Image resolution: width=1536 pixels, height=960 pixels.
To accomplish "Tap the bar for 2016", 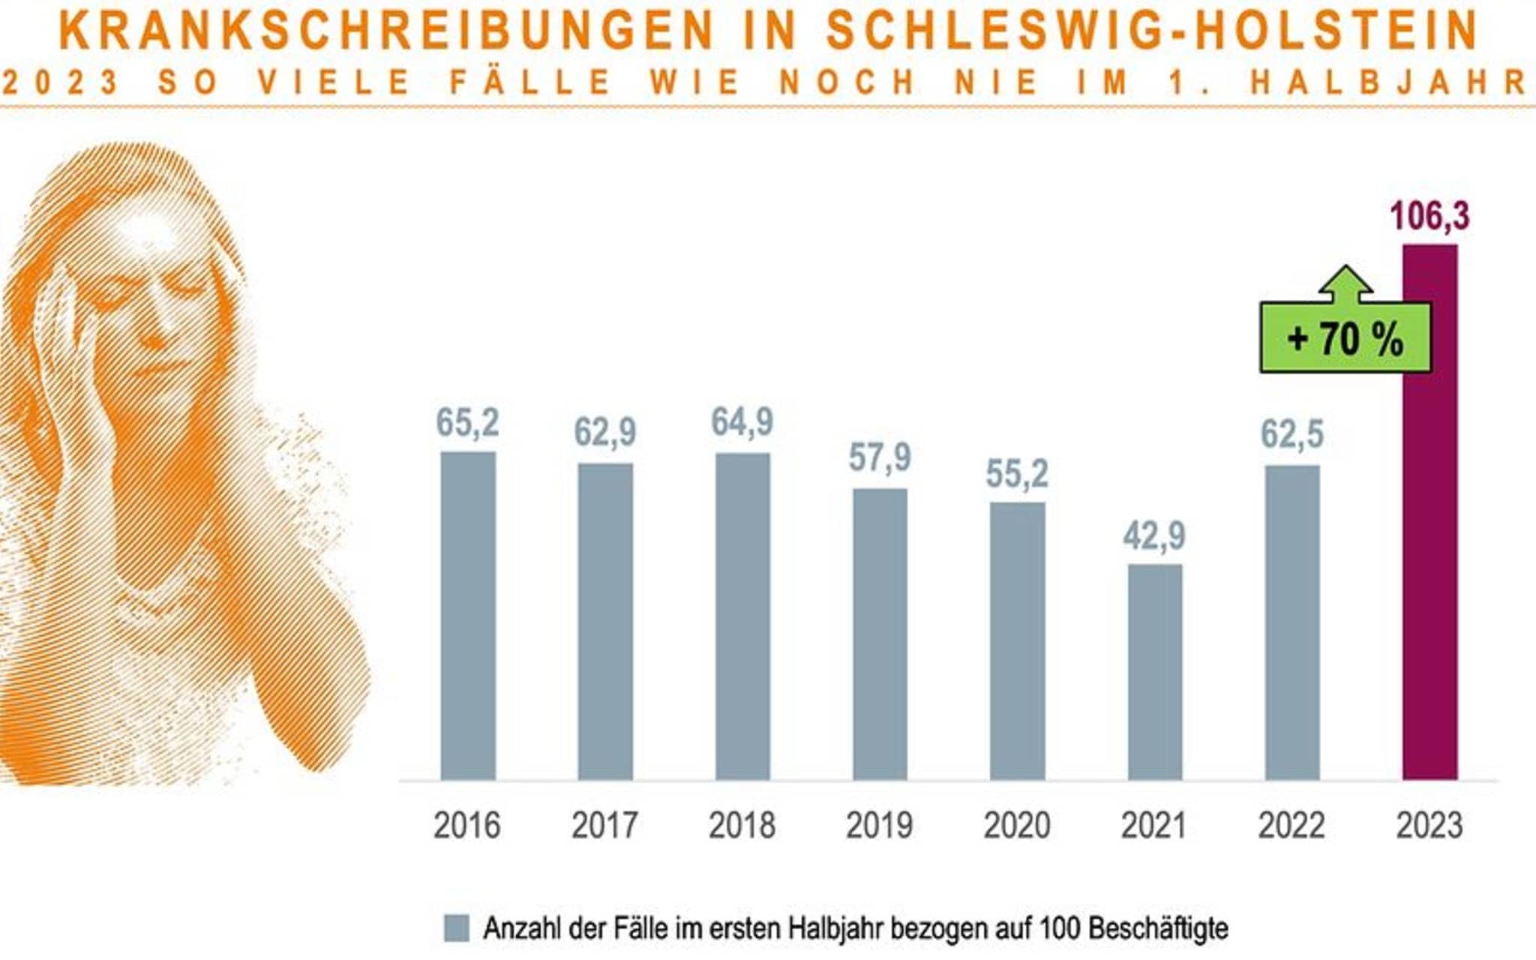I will pos(468,616).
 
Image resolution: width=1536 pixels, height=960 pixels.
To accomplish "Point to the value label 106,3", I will pos(1429,217).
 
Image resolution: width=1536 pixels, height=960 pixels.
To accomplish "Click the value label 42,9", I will pos(1154,536).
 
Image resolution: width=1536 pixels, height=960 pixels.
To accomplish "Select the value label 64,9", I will pos(742,422).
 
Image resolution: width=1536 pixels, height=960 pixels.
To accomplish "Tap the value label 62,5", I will pos(1291,434).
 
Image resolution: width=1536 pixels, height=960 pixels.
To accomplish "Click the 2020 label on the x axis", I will pos(1016,826).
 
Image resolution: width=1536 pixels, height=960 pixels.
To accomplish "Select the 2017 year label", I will pos(604,826).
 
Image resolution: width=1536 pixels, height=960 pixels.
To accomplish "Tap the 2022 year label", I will pos(1291,826).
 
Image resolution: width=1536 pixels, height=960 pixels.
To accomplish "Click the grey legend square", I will pos(457,928).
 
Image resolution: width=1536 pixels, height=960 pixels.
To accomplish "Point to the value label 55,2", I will pos(1017,474).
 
